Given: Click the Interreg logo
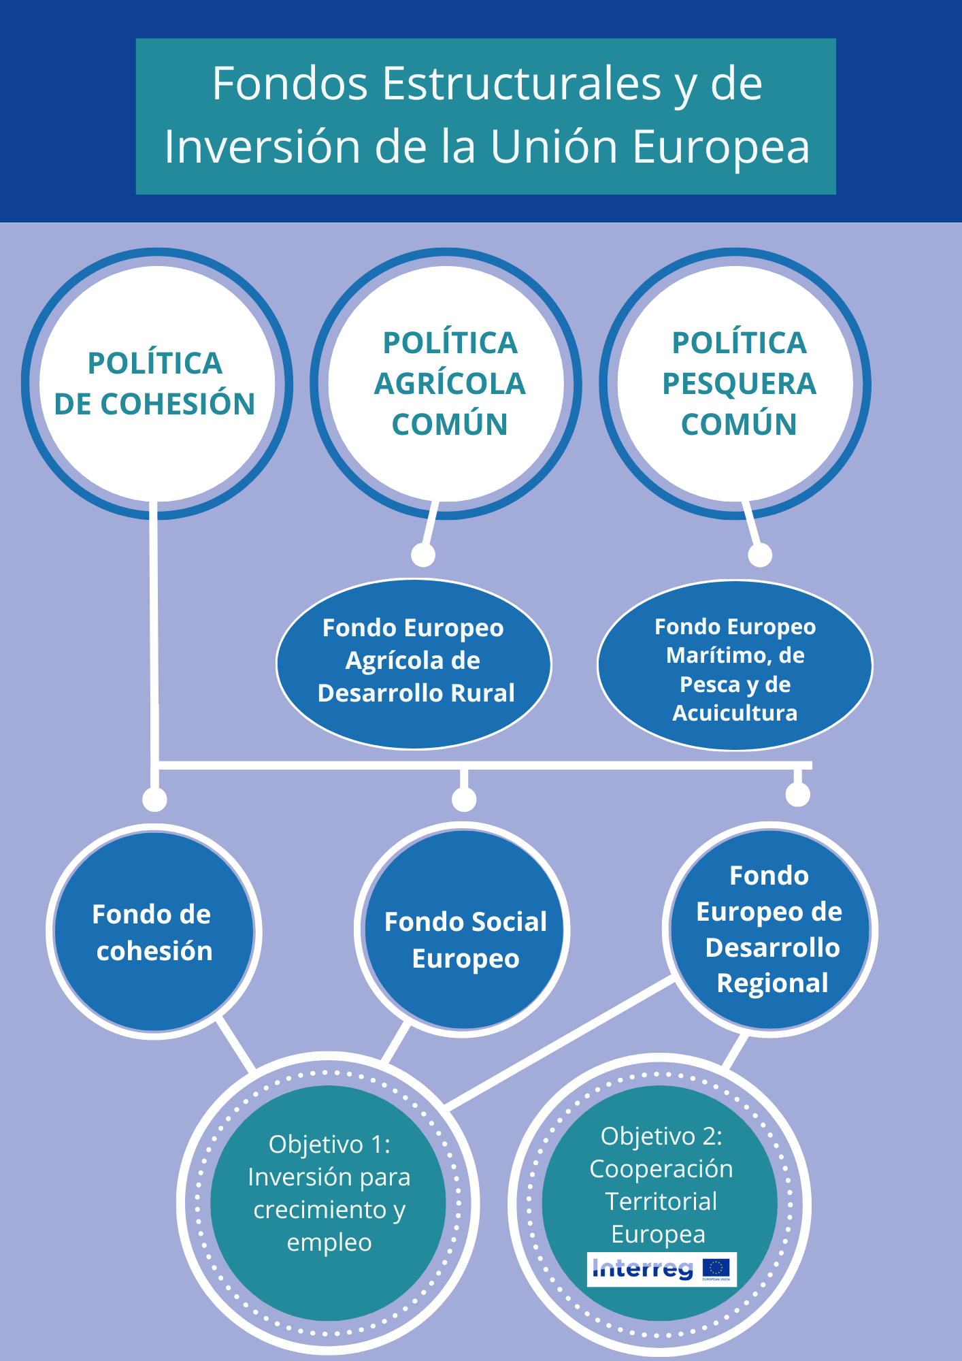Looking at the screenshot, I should tap(642, 1268).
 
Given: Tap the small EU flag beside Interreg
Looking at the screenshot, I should tap(716, 1268).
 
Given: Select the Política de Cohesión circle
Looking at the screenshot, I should tap(156, 383).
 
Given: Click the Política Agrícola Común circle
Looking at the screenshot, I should tap(446, 383).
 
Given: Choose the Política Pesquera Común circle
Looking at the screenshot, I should tap(735, 383).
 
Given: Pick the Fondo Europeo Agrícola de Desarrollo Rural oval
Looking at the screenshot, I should tap(414, 663).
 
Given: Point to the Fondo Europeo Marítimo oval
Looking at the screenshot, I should tap(735, 665).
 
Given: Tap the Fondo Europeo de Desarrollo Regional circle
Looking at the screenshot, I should tap(770, 930).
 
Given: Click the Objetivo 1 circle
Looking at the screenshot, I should tap(329, 1202).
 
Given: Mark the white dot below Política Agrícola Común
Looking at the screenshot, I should tap(423, 555).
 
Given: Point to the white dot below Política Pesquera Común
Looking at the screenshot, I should tap(760, 555).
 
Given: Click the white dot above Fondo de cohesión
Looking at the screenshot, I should tap(155, 800).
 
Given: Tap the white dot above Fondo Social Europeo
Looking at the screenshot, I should tap(464, 800).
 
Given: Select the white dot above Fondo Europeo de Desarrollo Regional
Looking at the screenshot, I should tap(797, 794).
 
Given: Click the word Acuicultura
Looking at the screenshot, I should tap(735, 712).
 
